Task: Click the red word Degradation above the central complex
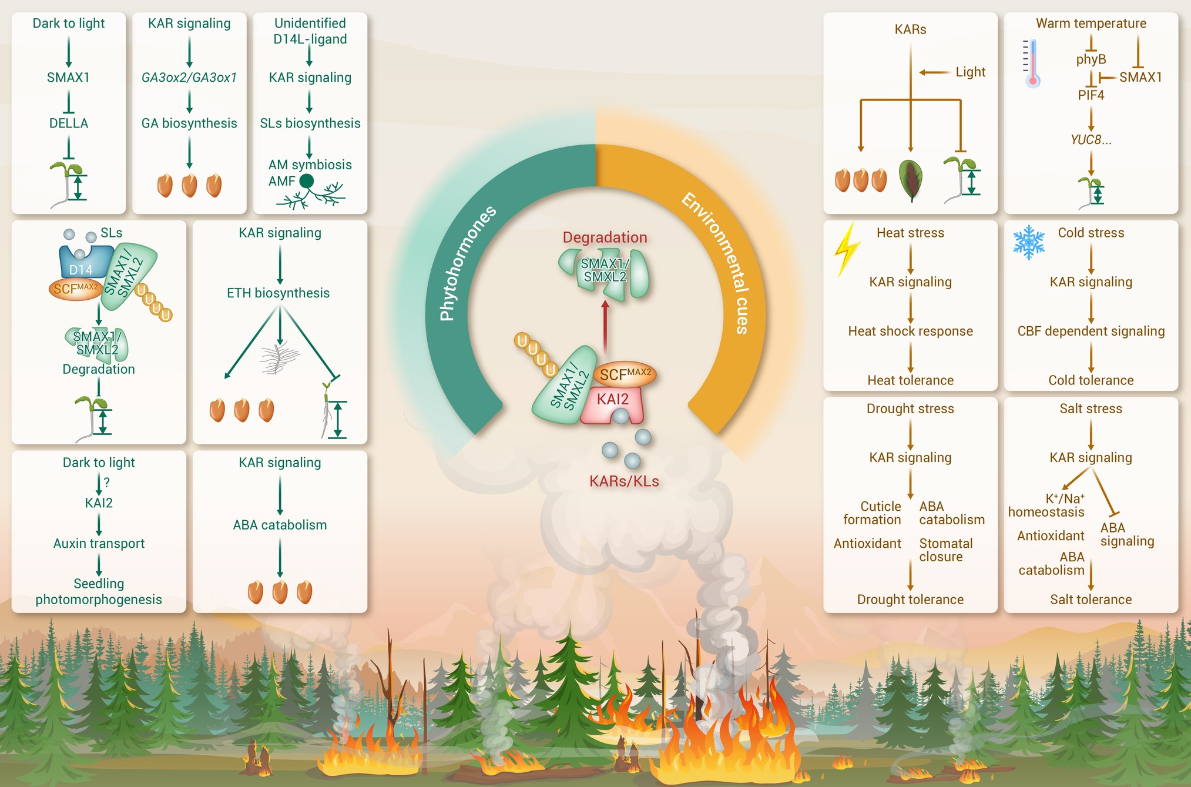tap(605, 237)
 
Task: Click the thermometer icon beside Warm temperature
tap(1032, 63)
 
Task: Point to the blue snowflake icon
tap(1029, 242)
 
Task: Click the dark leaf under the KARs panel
tap(911, 180)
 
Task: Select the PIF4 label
tap(1091, 95)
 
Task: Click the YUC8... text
tap(1091, 140)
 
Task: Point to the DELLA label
tap(69, 123)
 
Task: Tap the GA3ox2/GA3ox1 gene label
tap(189, 78)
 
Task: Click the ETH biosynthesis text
tap(279, 293)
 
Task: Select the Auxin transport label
tap(99, 544)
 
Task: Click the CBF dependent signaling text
tap(1091, 331)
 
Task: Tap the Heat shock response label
tap(910, 331)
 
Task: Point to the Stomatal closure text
tap(945, 550)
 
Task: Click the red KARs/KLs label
tap(624, 481)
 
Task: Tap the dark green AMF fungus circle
tap(307, 181)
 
